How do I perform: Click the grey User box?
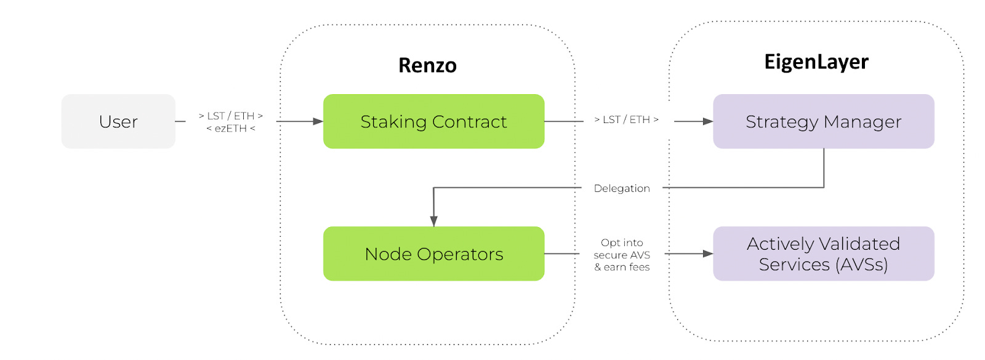(x=118, y=121)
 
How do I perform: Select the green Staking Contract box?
(x=433, y=121)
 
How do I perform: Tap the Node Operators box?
(x=433, y=254)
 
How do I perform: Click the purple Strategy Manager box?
(x=823, y=121)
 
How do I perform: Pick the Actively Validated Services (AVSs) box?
(x=823, y=254)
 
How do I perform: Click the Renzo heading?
(x=427, y=65)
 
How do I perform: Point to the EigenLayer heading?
(x=816, y=62)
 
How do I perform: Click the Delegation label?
(x=621, y=188)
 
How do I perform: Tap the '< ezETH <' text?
(x=230, y=129)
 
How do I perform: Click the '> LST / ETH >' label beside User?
(x=230, y=116)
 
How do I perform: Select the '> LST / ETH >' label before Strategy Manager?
(x=626, y=119)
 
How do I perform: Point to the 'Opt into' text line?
(x=622, y=242)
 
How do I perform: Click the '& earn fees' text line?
(x=622, y=267)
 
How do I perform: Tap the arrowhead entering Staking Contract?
(x=318, y=121)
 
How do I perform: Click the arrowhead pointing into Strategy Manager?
(x=708, y=121)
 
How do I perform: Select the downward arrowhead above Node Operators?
(x=433, y=221)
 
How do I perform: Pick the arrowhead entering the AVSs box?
(x=708, y=254)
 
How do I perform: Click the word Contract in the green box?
(x=469, y=121)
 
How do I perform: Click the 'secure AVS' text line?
(x=622, y=255)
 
